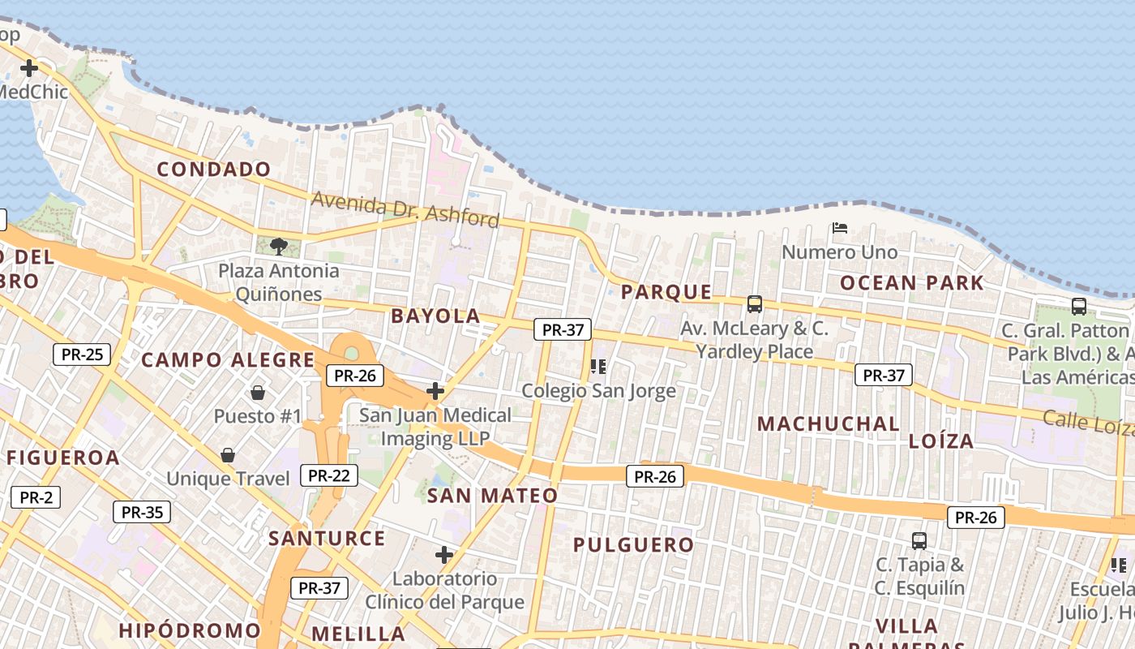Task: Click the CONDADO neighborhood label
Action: [x=214, y=170]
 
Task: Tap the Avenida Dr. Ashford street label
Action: [x=405, y=209]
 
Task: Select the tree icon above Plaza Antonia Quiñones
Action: [x=278, y=246]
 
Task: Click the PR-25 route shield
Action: [x=82, y=355]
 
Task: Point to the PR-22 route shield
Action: [x=329, y=475]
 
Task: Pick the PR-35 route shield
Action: [x=142, y=512]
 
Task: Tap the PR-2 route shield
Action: [x=36, y=497]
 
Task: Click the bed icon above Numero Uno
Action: [x=840, y=229]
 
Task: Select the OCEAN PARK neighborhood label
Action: [x=911, y=283]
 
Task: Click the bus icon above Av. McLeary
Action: [x=754, y=304]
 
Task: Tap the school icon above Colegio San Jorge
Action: [x=598, y=367]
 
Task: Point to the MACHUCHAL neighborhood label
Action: [x=828, y=423]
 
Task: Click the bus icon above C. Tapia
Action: [x=919, y=540]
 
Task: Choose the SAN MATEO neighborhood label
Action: [x=492, y=496]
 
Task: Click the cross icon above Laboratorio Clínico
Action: [x=443, y=555]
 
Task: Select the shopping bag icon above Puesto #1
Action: [x=258, y=393]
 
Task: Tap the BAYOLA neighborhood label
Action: [x=435, y=316]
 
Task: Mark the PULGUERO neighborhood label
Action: [x=633, y=545]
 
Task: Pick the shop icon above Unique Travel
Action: [x=228, y=455]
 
